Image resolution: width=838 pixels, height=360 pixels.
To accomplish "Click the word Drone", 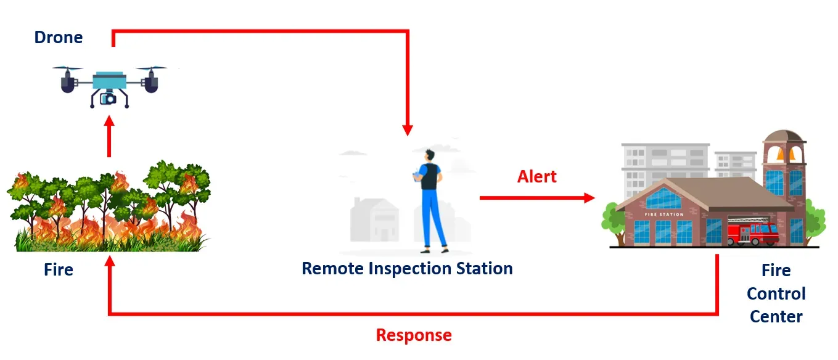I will pyautogui.click(x=58, y=38).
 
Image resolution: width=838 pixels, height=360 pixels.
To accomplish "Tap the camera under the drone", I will pyautogui.click(x=109, y=97).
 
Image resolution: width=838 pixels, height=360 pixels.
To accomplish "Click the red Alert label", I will pyautogui.click(x=536, y=177).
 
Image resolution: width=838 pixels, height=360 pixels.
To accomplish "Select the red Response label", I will pyautogui.click(x=414, y=335).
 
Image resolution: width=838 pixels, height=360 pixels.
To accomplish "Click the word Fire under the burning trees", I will pyautogui.click(x=59, y=270).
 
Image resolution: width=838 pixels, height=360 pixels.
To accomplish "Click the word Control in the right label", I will pyautogui.click(x=776, y=293).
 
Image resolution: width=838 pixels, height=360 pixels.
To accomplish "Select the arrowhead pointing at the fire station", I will pyautogui.click(x=589, y=198).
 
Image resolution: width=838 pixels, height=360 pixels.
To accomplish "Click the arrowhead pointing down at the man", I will pyautogui.click(x=407, y=129).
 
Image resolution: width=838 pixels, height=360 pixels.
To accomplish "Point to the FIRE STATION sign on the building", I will pyautogui.click(x=663, y=215).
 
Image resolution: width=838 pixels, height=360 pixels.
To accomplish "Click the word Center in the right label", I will pyautogui.click(x=776, y=317).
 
